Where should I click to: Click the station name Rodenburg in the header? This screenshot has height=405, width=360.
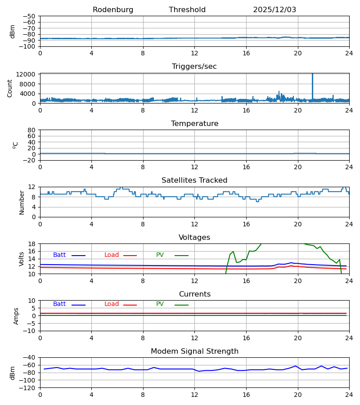[x=113, y=10]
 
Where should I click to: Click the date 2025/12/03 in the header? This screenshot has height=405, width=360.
[x=274, y=10]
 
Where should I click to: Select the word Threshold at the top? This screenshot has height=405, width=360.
[x=187, y=10]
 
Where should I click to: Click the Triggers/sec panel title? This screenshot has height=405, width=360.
[x=194, y=67]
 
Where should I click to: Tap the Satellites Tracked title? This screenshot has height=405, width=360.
[x=194, y=180]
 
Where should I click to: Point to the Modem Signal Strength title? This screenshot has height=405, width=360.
[x=194, y=351]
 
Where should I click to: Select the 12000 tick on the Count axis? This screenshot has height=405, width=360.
[x=29, y=74]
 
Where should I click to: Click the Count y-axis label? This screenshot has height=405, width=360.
[x=10, y=88]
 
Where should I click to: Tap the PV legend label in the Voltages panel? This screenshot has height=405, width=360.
[x=160, y=255]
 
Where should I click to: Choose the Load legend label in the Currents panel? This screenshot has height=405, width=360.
[x=112, y=304]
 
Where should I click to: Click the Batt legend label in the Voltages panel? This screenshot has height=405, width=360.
[x=59, y=255]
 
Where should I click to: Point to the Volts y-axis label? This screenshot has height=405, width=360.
[x=22, y=259]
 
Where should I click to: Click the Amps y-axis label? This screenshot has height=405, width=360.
[x=16, y=316]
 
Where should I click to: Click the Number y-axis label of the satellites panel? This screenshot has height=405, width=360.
[x=22, y=202]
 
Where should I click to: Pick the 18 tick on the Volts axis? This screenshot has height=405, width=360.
[x=32, y=244]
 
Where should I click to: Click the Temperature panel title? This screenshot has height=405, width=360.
[x=194, y=124]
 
